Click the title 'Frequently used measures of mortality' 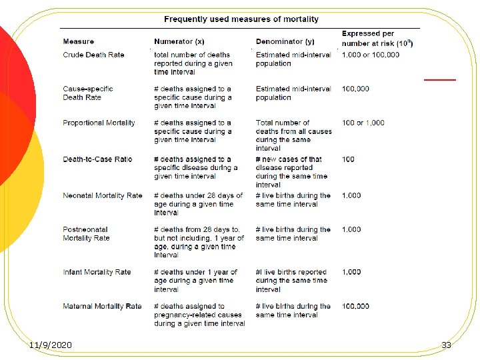(x=241, y=19)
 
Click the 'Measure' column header (x=79, y=42)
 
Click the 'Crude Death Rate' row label (x=93, y=55)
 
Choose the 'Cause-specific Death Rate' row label (x=88, y=93)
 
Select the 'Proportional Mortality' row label (x=99, y=123)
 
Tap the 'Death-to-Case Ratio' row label (x=97, y=159)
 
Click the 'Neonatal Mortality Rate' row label (x=103, y=196)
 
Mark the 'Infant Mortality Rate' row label (x=97, y=272)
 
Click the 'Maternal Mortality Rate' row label (x=102, y=307)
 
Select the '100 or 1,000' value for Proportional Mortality (x=363, y=123)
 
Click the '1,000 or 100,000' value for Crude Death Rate (x=370, y=55)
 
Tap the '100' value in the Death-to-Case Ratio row (x=348, y=159)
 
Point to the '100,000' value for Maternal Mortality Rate (x=355, y=307)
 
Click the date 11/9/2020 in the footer (x=51, y=345)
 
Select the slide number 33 (x=446, y=345)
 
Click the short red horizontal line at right (x=440, y=79)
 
